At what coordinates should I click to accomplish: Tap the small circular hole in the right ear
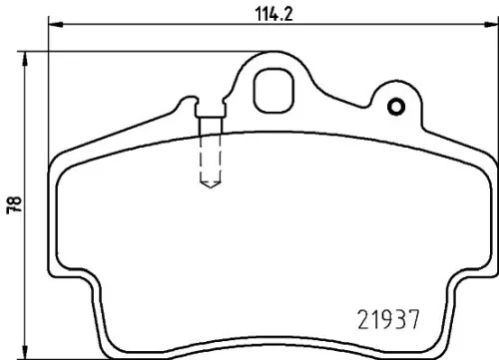[396, 108]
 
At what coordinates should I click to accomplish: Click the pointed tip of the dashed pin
[211, 188]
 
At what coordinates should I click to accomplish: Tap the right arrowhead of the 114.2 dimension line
[487, 27]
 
